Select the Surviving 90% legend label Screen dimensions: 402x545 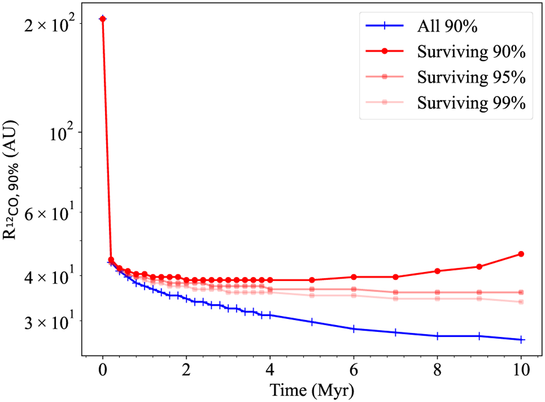coord(471,52)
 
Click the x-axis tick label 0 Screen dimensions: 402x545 coord(103,371)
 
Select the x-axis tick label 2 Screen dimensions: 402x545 coord(186,371)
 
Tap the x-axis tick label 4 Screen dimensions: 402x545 coord(270,371)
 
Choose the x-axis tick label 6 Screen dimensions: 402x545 coord(353,371)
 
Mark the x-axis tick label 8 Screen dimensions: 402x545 coord(437,371)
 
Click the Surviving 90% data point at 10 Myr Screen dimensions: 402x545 coord(521,254)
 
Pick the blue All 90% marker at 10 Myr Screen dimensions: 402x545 coord(521,340)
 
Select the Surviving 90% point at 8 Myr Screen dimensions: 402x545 coord(437,271)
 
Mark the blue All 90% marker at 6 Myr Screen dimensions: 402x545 coord(353,329)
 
